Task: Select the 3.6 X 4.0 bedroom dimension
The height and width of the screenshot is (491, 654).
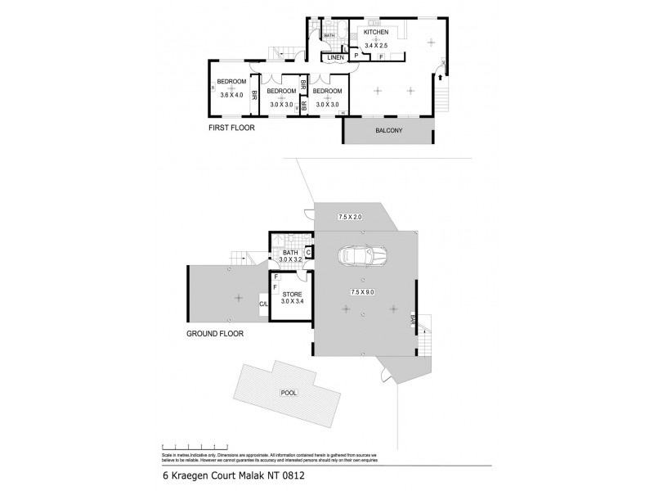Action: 232,95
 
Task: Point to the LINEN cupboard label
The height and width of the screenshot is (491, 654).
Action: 335,57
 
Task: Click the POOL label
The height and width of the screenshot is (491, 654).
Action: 288,393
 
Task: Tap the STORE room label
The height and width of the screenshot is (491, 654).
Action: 292,294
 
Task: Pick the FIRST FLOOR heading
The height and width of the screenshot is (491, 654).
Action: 233,128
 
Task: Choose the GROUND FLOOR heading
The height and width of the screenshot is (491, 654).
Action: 215,334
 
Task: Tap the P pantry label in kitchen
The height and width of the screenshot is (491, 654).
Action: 356,56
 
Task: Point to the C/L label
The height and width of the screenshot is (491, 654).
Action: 263,304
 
